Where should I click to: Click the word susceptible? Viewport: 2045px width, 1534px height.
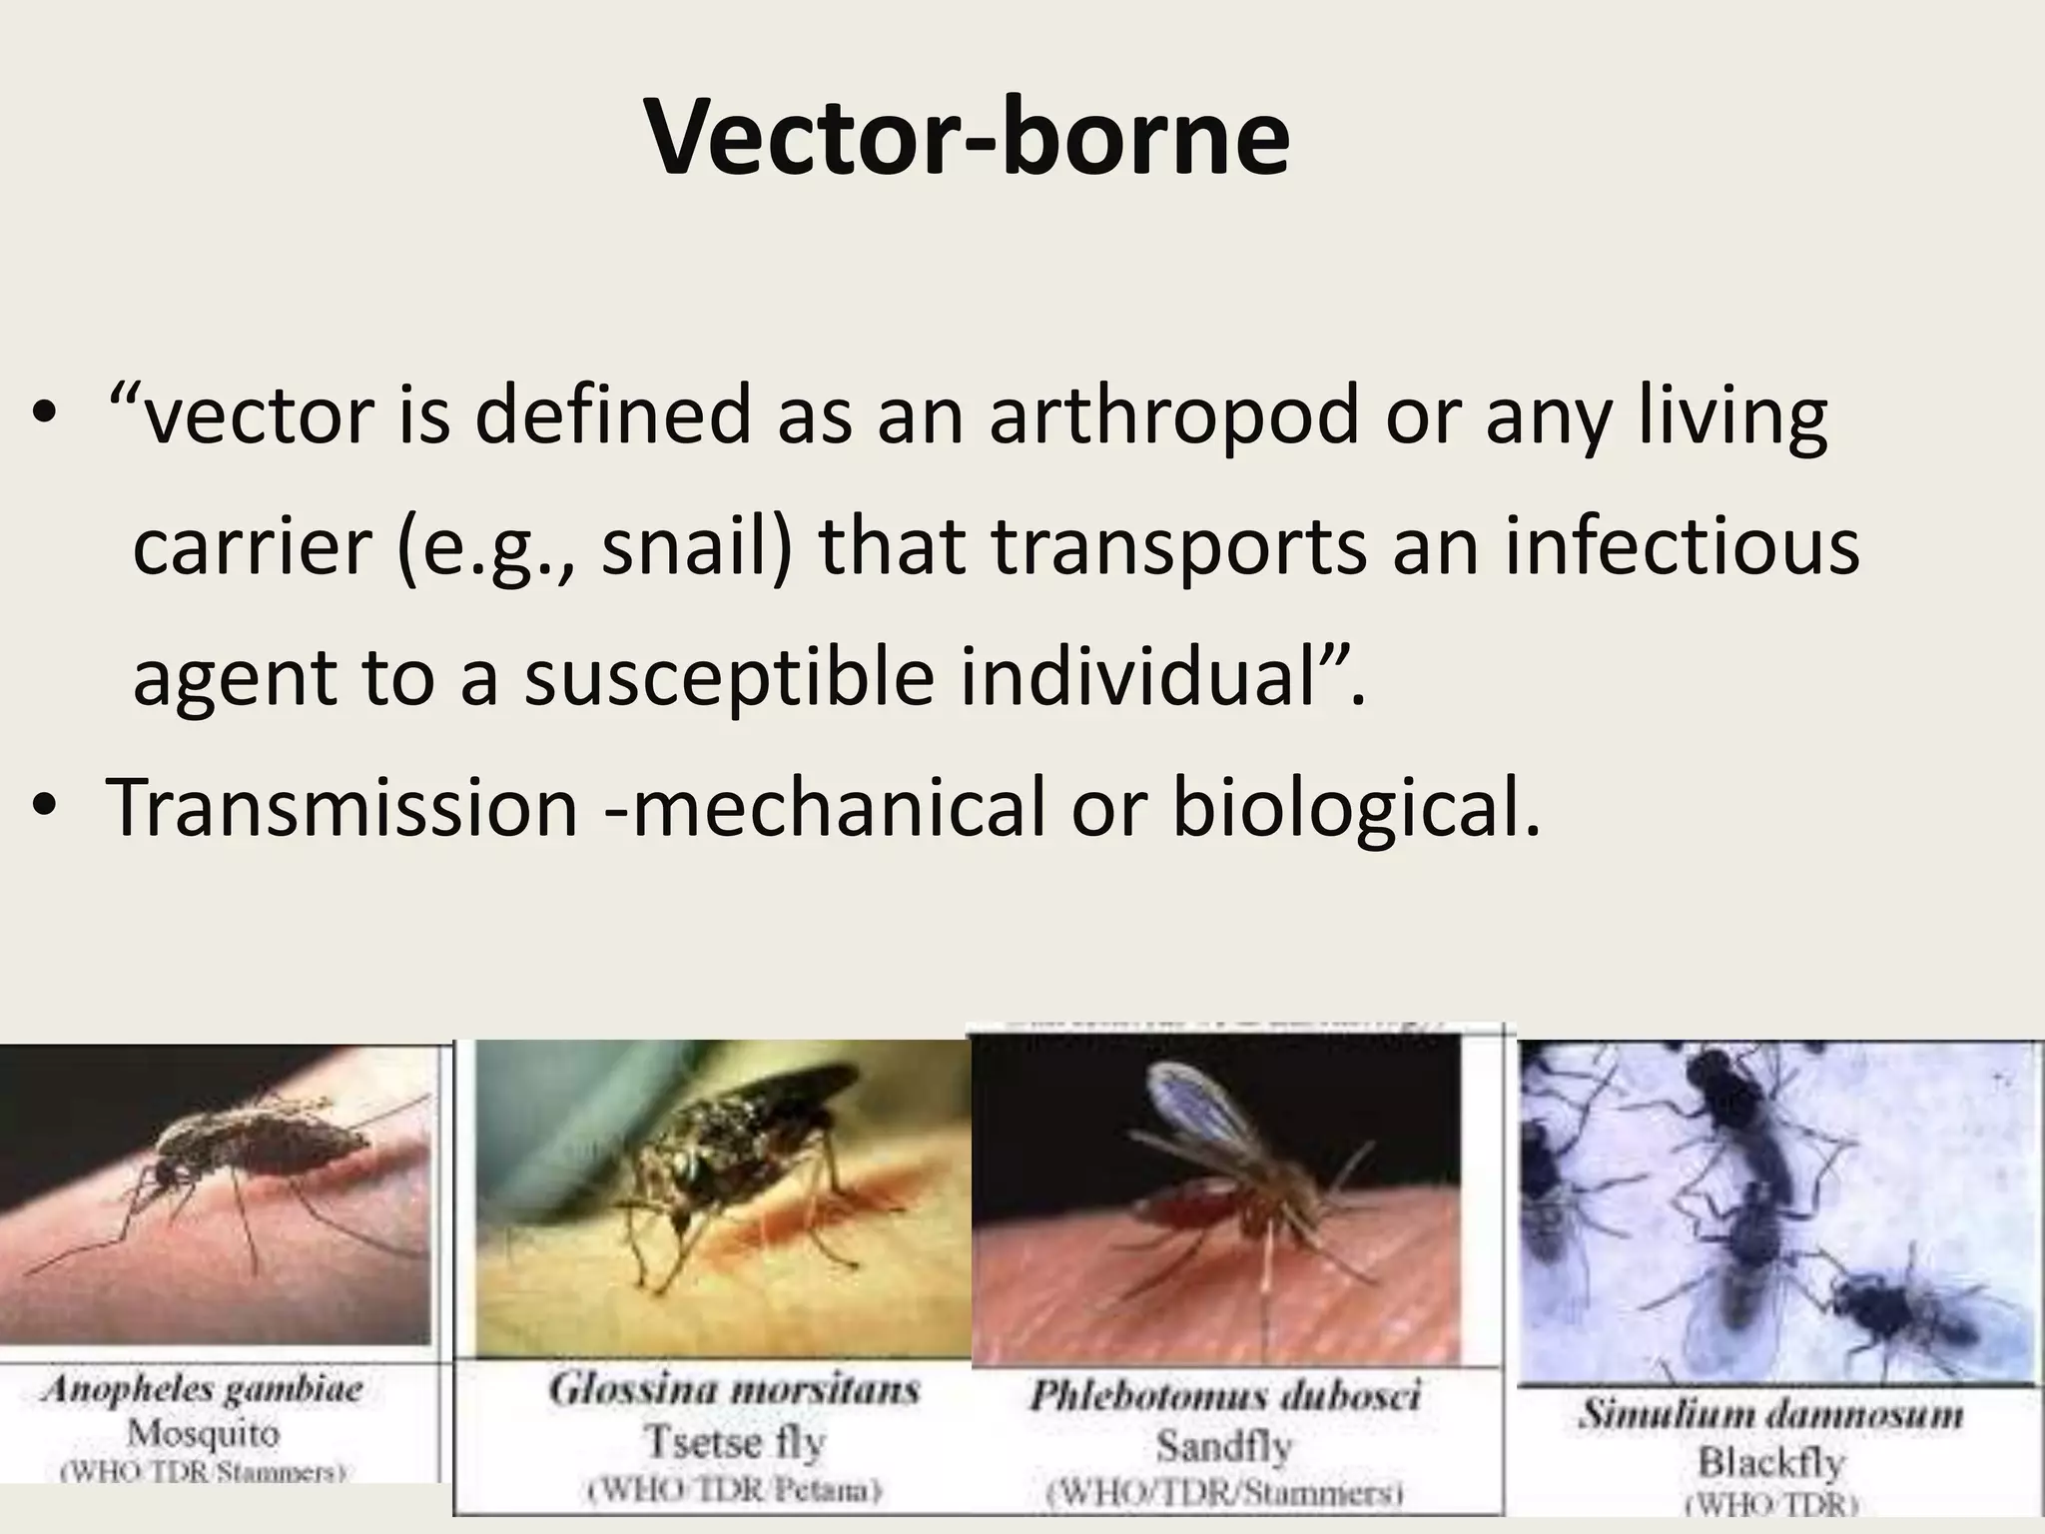(730, 679)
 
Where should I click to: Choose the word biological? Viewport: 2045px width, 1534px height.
(1355, 807)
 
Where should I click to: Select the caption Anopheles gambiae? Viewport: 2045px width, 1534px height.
(203, 1389)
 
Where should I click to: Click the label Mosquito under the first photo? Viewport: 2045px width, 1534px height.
(203, 1434)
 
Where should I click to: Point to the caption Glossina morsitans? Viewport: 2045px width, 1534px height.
(734, 1389)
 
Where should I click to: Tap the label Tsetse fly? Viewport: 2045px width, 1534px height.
(734, 1441)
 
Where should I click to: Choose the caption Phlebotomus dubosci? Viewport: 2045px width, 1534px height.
(1224, 1395)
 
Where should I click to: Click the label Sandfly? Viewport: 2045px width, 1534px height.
(1224, 1445)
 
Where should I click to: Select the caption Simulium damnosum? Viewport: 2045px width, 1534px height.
(1770, 1414)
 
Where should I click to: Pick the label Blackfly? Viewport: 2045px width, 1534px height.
(1770, 1462)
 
